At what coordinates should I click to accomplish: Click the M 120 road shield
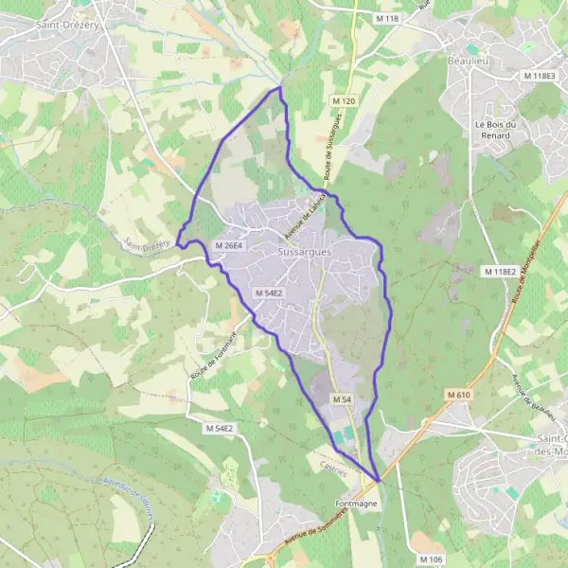pyautogui.click(x=343, y=99)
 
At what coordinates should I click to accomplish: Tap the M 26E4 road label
pyautogui.click(x=229, y=245)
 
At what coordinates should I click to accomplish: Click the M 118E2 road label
pyautogui.click(x=500, y=272)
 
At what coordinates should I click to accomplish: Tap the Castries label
pyautogui.click(x=333, y=470)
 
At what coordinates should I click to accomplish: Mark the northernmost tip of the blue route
pyautogui.click(x=280, y=88)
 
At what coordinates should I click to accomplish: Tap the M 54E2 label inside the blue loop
pyautogui.click(x=269, y=293)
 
